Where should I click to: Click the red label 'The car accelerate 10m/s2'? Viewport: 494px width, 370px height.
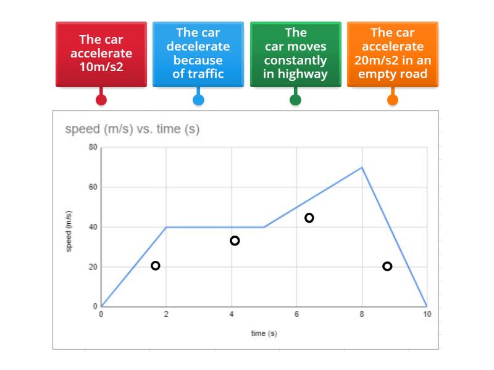tap(101, 54)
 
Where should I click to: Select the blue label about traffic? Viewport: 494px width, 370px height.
tap(198, 54)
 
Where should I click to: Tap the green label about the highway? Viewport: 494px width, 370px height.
tap(295, 54)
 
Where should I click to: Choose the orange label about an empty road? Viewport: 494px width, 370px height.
tap(392, 54)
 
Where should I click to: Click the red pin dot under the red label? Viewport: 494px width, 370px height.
tap(101, 99)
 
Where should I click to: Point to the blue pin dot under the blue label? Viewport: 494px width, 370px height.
tap(198, 99)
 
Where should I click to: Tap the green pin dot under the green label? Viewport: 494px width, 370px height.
tap(295, 99)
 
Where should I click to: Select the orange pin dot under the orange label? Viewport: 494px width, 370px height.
tap(392, 99)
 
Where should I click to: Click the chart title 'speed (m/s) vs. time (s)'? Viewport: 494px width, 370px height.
tap(132, 129)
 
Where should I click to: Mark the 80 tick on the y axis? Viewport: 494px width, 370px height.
tap(93, 147)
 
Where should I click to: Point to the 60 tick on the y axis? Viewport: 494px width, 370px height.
tap(93, 187)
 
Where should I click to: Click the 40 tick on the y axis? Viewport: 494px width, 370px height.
tap(93, 227)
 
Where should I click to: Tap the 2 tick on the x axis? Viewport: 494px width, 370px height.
tap(166, 314)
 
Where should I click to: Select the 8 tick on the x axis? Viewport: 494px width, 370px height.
tap(362, 314)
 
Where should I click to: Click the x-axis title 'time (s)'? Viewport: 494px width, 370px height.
tap(264, 334)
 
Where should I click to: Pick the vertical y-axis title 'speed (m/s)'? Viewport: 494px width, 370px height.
tap(69, 231)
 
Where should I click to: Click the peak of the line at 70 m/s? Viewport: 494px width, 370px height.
tap(362, 167)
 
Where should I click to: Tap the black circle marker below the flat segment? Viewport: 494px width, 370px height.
tap(235, 240)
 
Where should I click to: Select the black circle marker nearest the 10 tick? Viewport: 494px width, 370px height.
tap(387, 266)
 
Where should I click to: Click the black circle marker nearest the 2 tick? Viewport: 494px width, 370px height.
tap(155, 266)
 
